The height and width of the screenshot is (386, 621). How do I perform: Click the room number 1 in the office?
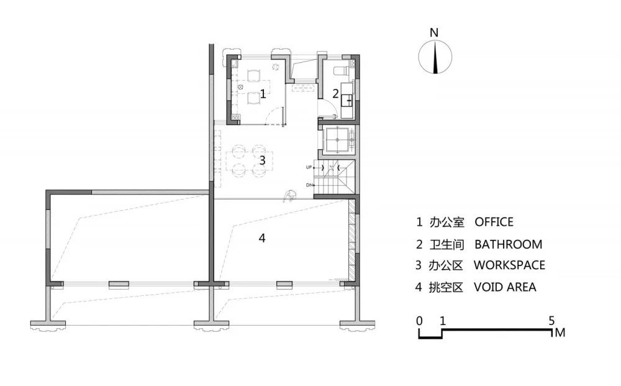(263, 94)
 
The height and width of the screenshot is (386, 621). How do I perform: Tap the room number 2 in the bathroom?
(335, 94)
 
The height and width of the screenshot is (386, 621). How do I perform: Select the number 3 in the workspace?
(262, 160)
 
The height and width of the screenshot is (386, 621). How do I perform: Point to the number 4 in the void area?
(262, 238)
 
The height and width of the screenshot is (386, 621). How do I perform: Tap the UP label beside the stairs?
(309, 167)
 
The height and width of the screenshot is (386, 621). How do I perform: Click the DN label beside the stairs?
(309, 185)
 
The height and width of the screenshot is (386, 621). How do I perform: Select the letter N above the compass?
(434, 32)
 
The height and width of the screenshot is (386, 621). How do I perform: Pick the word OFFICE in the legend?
(494, 222)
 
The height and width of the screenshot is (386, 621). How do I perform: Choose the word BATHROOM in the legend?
(508, 244)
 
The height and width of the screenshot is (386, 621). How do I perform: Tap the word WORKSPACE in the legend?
(509, 265)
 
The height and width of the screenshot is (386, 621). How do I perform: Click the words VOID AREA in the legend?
(505, 287)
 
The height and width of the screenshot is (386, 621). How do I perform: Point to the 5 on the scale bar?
(551, 321)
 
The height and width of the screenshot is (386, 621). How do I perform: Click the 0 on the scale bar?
(419, 321)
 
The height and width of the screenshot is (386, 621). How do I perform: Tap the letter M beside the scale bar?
(560, 333)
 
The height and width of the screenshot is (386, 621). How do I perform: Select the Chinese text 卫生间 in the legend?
(446, 244)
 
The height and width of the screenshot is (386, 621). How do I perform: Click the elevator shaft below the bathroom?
(337, 140)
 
